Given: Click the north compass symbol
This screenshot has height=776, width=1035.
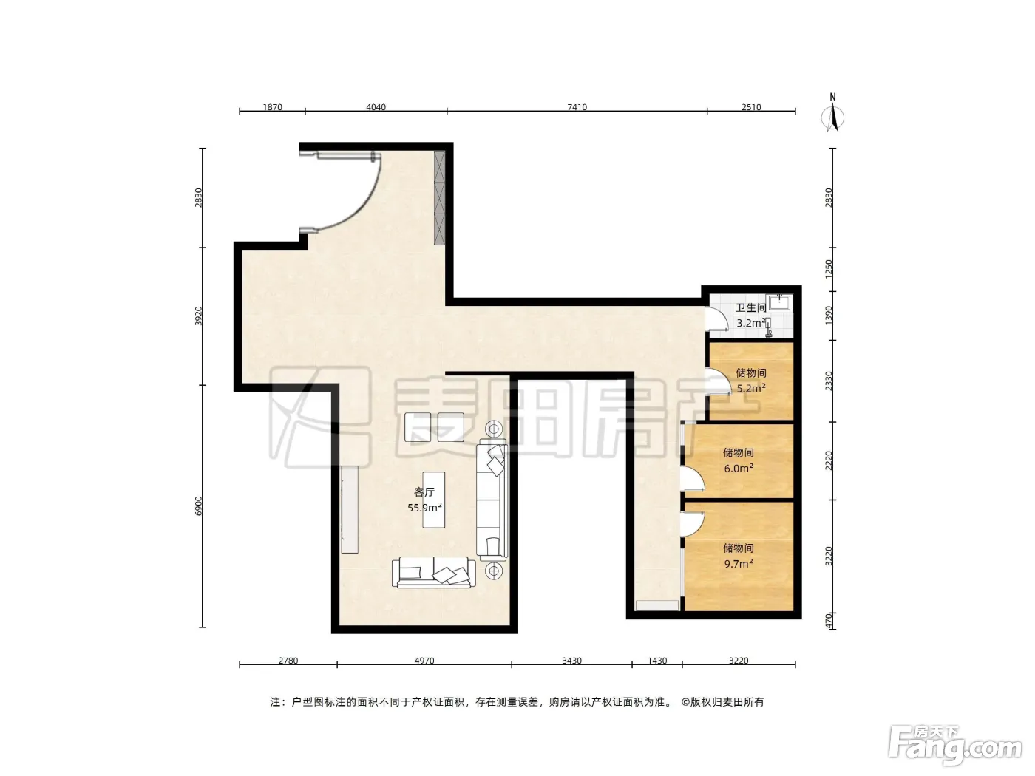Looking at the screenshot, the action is coord(832,115).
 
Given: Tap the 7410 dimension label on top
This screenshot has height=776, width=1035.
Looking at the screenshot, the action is coord(577,107).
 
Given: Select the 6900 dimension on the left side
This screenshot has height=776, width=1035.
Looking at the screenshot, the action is coord(199,506).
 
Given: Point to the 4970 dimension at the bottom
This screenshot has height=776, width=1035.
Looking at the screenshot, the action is coord(424,661).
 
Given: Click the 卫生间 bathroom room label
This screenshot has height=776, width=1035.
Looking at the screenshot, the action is coord(750,307).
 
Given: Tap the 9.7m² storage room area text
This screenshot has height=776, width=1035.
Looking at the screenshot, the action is coord(739,563).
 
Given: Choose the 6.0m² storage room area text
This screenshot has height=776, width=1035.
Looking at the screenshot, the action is coord(739,469).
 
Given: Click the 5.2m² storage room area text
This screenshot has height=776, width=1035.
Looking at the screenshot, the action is coord(750,388).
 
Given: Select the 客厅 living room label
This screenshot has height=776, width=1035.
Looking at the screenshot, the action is coord(424,492).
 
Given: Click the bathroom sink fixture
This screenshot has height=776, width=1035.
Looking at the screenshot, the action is coord(780,303).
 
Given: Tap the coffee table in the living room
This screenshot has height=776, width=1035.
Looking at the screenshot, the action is coord(433,500).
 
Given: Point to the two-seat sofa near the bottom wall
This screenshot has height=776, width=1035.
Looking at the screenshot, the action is coord(433,571).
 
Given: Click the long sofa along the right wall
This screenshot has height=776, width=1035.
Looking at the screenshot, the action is coord(492,500).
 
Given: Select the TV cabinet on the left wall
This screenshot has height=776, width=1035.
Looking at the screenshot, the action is coord(350,509).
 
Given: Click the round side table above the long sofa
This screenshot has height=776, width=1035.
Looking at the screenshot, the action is coord(494,429).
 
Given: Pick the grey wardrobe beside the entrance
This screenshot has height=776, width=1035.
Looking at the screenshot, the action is coord(439,197).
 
